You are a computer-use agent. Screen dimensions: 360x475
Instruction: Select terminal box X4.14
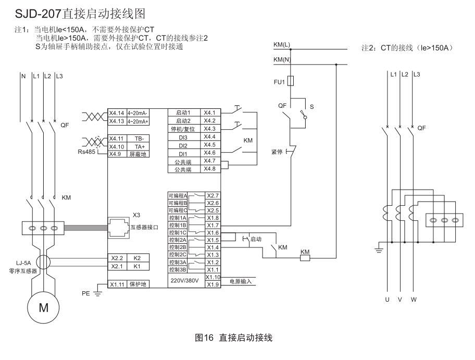click(x=117, y=113)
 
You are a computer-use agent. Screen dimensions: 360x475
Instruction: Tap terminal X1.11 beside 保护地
click(x=117, y=284)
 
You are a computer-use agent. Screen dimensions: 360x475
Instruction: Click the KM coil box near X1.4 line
click(x=305, y=257)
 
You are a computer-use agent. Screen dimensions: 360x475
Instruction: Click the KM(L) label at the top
click(x=282, y=45)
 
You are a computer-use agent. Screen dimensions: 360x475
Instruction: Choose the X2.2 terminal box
click(x=117, y=258)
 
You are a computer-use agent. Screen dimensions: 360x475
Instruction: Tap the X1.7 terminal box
click(x=213, y=225)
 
